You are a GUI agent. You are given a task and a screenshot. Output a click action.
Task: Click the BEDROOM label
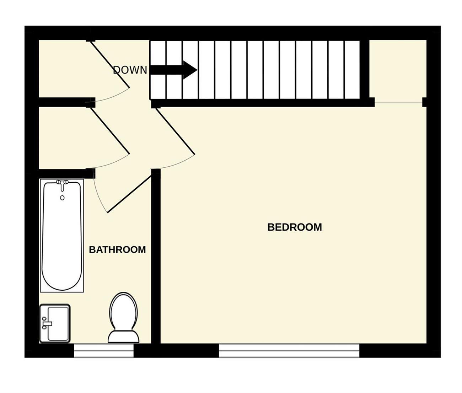pyautogui.click(x=295, y=227)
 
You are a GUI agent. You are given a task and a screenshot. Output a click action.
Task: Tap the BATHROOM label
pyautogui.click(x=117, y=250)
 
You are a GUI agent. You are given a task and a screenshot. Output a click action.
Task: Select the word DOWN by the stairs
pyautogui.click(x=130, y=70)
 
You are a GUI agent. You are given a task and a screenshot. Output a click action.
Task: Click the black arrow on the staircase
pyautogui.click(x=174, y=70)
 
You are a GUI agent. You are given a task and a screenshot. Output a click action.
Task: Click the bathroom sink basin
pyautogui.click(x=55, y=323)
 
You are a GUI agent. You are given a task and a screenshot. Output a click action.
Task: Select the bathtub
pyautogui.click(x=62, y=235)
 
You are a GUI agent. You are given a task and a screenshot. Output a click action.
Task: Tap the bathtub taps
pyautogui.click(x=62, y=185)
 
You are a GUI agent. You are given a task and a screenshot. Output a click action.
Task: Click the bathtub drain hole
pyautogui.click(x=62, y=198)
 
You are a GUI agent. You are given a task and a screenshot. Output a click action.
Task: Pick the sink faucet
pyautogui.click(x=47, y=323)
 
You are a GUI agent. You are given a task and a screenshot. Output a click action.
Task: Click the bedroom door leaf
pyautogui.click(x=176, y=131)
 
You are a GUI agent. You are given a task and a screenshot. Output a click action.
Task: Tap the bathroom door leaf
pyautogui.click(x=129, y=194)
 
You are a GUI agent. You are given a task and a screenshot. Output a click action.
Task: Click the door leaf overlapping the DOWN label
pyautogui.click(x=110, y=64)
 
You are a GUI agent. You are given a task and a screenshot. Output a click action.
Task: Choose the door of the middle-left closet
pyautogui.click(x=110, y=131)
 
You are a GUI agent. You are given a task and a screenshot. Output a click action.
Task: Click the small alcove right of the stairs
pyautogui.click(x=398, y=71)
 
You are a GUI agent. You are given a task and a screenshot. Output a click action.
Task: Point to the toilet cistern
pyautogui.click(x=123, y=337)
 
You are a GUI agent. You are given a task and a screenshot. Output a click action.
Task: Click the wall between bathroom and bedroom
pyautogui.click(x=156, y=256)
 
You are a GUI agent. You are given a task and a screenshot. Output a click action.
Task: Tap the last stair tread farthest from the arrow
pyautogui.click(x=352, y=70)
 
